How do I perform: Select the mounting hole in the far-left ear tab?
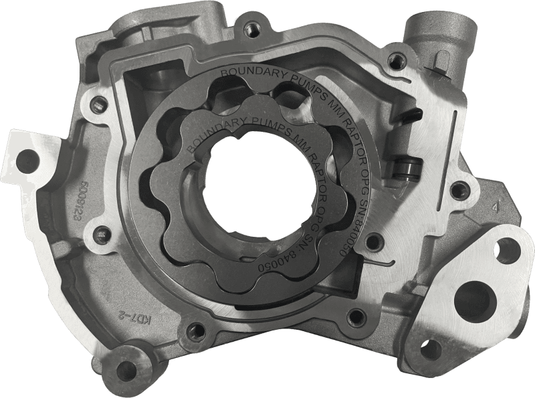[x=27, y=159]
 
